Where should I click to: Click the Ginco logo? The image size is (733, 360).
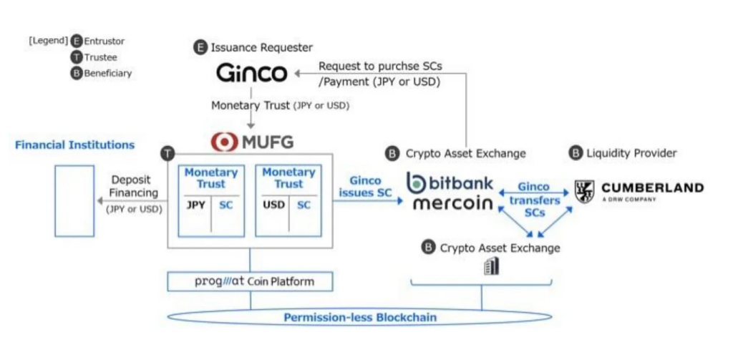point(251,73)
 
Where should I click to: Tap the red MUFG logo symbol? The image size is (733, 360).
point(225,141)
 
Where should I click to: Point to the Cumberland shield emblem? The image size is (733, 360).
point(585,191)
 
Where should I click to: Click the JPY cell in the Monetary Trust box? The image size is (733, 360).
point(196,205)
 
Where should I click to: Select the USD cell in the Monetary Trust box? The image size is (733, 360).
point(273,205)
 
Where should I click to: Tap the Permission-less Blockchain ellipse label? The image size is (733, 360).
point(359,317)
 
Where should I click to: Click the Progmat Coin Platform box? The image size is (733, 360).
point(251,281)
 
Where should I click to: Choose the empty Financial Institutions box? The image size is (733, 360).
point(74,201)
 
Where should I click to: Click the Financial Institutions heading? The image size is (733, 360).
point(74,145)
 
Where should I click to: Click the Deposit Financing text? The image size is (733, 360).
point(135,187)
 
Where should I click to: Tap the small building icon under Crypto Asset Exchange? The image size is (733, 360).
point(491,266)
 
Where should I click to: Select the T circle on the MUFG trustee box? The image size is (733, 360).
point(167,153)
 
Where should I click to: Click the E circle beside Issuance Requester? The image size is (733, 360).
point(200,48)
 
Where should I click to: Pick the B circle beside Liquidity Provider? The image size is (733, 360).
point(576,152)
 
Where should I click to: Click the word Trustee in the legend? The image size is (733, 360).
point(100,57)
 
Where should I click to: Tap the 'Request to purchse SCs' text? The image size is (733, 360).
point(380,66)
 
